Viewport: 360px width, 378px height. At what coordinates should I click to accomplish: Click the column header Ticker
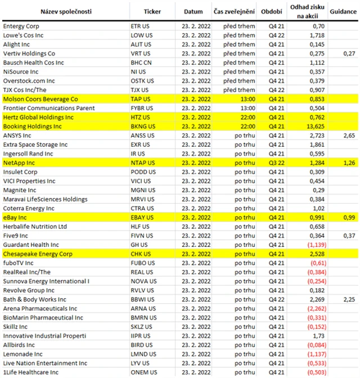point(152,11)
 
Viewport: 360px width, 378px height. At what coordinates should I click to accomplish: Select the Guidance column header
point(343,11)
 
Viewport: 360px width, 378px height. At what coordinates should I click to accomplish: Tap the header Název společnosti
point(65,11)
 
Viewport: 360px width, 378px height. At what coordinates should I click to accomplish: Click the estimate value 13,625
point(313,127)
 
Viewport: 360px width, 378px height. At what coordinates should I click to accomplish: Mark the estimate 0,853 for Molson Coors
point(315,99)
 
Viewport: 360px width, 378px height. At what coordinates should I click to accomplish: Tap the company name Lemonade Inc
point(23,354)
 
